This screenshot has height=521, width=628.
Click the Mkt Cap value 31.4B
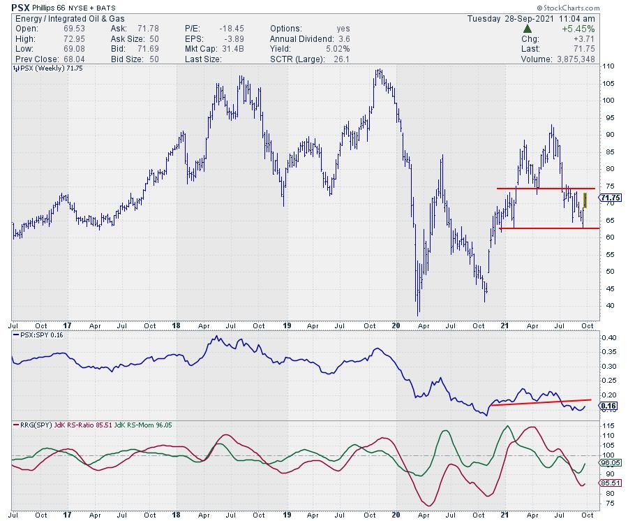pyautogui.click(x=235, y=49)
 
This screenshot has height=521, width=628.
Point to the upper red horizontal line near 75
pyautogui.click(x=544, y=188)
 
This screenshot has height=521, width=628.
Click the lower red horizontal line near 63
pyautogui.click(x=544, y=228)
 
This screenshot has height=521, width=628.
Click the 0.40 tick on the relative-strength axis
pyautogui.click(x=609, y=337)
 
